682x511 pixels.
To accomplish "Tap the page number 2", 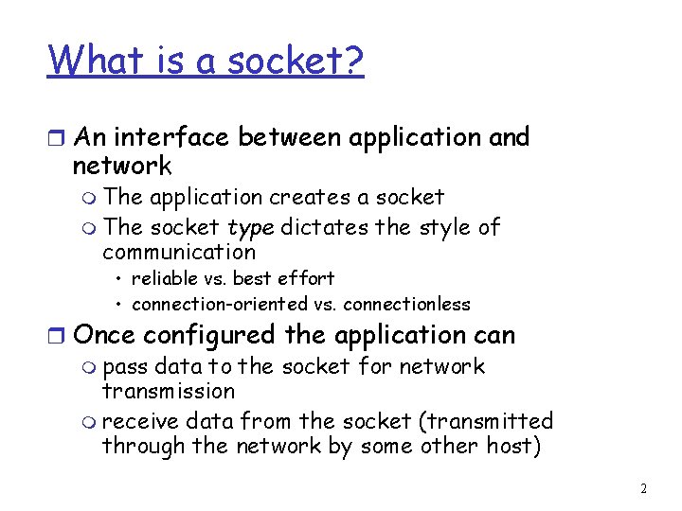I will point(644,489).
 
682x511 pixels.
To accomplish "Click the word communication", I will point(179,252).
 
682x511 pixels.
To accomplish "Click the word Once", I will point(101,335).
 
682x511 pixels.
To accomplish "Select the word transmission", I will point(168,391).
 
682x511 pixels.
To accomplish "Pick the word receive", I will point(136,421).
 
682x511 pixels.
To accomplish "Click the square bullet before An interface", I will point(57,139).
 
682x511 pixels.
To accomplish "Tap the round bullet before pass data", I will point(92,368).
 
